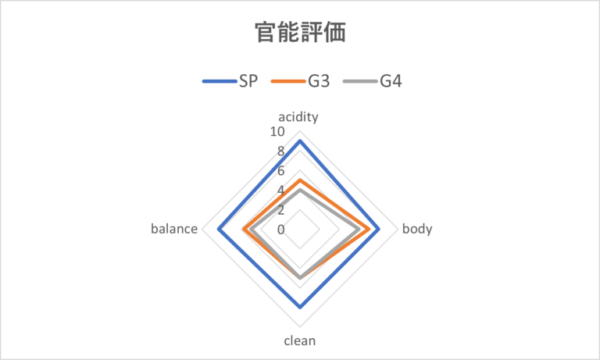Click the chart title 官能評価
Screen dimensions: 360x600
click(300, 32)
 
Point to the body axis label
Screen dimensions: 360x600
click(417, 230)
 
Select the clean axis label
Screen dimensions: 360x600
click(300, 340)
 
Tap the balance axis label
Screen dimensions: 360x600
click(173, 230)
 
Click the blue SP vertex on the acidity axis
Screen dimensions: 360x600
click(300, 141)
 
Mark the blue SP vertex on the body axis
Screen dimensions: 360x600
click(379, 230)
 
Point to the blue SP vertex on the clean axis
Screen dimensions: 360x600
click(300, 308)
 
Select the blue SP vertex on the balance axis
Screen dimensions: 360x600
click(220, 230)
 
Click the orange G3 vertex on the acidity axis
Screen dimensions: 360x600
click(300, 180)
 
